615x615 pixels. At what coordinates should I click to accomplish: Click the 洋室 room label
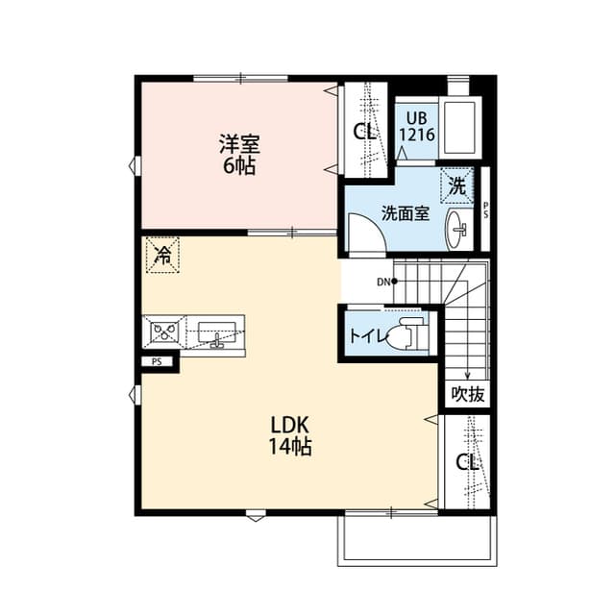point(240,145)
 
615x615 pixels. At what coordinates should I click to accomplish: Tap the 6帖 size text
point(240,165)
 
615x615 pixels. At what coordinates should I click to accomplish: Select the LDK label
point(288,426)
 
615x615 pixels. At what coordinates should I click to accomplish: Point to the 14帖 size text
point(288,447)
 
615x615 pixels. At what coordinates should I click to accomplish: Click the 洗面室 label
point(405,213)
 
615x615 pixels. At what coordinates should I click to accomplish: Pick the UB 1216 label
point(416,126)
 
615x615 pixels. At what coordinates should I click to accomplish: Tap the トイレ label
point(367,336)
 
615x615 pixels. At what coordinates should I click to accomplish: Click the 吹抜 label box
point(468,393)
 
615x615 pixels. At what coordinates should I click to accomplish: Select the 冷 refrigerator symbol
point(162,256)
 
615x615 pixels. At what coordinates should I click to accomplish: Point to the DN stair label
point(383,282)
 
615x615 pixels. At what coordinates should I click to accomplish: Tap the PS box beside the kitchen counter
point(155,362)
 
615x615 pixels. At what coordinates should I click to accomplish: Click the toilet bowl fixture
point(406,335)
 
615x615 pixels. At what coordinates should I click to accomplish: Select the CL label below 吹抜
point(467,462)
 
